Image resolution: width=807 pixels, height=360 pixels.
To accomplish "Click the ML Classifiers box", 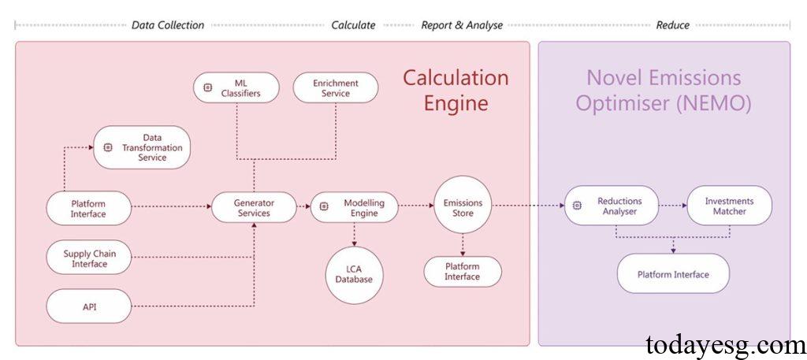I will click(x=236, y=87).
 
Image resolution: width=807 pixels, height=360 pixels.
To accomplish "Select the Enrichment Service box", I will click(x=336, y=87).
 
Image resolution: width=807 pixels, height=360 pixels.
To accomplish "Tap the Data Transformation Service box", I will click(x=142, y=147).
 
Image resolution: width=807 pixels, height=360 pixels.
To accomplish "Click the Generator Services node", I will click(x=254, y=208).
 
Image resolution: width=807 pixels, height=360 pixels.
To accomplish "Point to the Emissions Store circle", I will click(x=463, y=208).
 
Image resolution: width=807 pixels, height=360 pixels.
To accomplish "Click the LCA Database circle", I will click(x=354, y=275).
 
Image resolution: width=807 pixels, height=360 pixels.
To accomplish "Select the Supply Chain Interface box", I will click(x=88, y=258).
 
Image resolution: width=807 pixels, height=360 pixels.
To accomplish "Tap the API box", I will click(x=89, y=306).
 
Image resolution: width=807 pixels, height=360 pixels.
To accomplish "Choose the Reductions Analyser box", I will click(x=611, y=206).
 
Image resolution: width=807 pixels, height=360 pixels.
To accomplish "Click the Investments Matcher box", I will click(x=729, y=206).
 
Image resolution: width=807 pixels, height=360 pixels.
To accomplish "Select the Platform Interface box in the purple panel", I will click(x=673, y=274).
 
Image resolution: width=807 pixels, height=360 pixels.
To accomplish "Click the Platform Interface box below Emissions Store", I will click(x=462, y=271).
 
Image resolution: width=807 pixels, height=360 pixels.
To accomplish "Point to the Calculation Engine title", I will click(x=456, y=91).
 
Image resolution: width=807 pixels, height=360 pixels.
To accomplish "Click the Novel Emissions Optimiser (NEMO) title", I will click(x=663, y=91).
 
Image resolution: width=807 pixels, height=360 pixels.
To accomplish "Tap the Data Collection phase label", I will click(x=168, y=25).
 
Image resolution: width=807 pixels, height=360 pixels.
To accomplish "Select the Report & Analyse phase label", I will click(x=462, y=25).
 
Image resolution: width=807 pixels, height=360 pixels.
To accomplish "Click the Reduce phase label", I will click(x=672, y=25).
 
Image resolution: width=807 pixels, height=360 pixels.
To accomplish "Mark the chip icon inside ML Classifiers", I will click(x=208, y=87).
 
